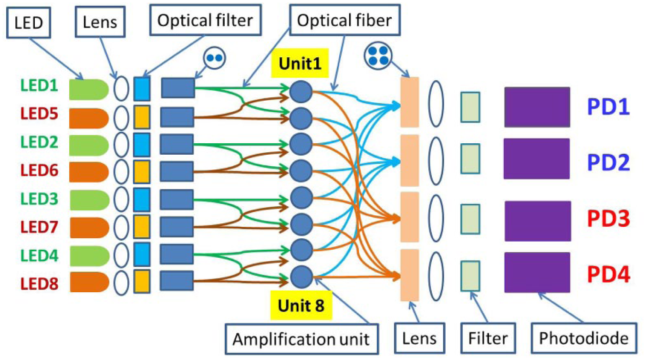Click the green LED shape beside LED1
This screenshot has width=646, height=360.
[89, 89]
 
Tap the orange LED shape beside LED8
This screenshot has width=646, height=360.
[89, 282]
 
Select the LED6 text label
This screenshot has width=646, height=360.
[39, 170]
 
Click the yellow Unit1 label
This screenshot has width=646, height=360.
[300, 63]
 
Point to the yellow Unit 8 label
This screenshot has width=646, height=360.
[301, 305]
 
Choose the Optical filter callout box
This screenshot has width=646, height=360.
[205, 20]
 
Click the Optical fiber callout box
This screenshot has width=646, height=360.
[344, 20]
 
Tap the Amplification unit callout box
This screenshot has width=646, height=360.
[302, 339]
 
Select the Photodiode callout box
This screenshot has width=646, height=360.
[584, 338]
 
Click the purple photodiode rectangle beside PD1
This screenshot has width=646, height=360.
[537, 107]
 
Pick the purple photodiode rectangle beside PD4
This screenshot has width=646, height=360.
[537, 273]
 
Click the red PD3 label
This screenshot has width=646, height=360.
[608, 219]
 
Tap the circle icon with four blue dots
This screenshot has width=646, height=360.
[378, 56]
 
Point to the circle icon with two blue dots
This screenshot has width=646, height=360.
[214, 58]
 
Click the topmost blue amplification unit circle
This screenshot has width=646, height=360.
[301, 92]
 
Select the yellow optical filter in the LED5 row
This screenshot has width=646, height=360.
[142, 117]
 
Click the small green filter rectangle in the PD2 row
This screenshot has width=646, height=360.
[470, 159]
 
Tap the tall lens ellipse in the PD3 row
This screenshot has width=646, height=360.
[436, 218]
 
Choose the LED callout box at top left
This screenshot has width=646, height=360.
[29, 22]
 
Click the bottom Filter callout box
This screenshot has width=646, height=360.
[488, 339]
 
